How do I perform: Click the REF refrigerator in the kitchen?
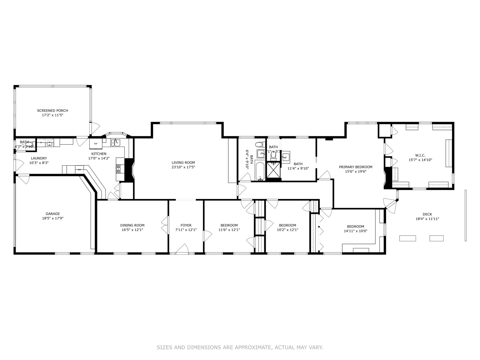(96, 144)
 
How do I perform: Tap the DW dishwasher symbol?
(79, 169)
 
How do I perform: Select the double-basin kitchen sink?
(115, 142)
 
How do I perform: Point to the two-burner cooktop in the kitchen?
(118, 169)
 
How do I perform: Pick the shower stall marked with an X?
(274, 170)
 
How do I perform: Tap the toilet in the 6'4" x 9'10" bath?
(259, 146)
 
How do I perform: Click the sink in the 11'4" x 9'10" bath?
(285, 157)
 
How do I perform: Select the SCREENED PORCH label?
(52, 111)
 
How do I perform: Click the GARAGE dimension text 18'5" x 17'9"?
(53, 219)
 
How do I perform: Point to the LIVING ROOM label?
(183, 163)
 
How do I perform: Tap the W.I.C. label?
(420, 155)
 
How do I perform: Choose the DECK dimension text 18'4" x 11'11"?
(427, 219)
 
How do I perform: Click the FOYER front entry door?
(182, 249)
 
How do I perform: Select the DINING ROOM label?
(132, 225)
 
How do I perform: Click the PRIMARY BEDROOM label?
(355, 167)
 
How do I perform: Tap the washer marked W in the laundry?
(49, 143)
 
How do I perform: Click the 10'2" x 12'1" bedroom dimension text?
(287, 230)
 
